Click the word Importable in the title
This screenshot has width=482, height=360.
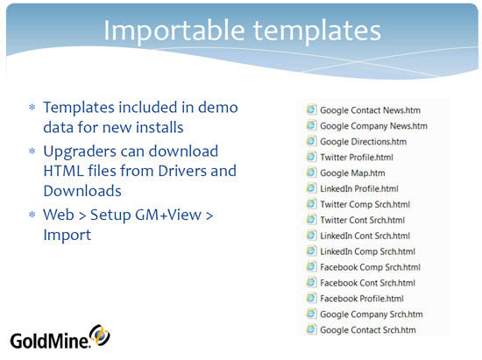[174, 32]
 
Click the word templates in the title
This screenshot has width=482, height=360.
[317, 32]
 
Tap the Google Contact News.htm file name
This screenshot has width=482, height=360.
[370, 110]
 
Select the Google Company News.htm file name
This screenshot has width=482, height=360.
[373, 126]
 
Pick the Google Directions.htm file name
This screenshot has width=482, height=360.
[364, 142]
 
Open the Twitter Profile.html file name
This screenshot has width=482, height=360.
[357, 158]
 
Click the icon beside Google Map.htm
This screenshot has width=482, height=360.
[311, 173]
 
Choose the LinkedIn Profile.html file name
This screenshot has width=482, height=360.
[359, 188]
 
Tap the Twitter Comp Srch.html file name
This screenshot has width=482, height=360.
[365, 204]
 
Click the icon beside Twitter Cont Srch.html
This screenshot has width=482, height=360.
[311, 219]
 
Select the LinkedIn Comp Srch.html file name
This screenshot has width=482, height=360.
[368, 251]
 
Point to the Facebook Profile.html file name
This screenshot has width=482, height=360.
[362, 299]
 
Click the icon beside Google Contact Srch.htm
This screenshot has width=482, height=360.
[311, 329]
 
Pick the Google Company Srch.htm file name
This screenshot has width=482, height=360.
[372, 314]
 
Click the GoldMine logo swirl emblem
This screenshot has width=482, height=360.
[100, 335]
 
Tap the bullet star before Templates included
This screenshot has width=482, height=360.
[32, 107]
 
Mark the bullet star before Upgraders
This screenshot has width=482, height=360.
[32, 152]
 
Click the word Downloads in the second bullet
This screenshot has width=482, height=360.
[82, 191]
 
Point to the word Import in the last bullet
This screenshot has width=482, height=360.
[67, 236]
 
